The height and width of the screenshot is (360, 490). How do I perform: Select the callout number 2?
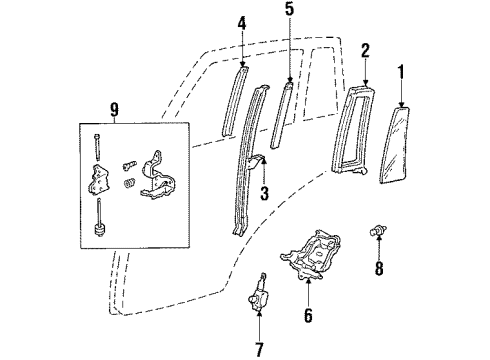point(366,49)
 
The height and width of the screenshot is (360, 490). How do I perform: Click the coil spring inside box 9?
point(128,184)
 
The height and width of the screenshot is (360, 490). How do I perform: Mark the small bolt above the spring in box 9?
point(126,160)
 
